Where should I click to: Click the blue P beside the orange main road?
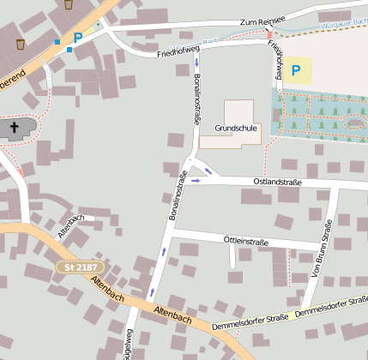point(78,38)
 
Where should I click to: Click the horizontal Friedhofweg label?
point(178,53)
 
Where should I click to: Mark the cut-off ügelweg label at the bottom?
point(130,344)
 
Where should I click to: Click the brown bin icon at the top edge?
point(69,4)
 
